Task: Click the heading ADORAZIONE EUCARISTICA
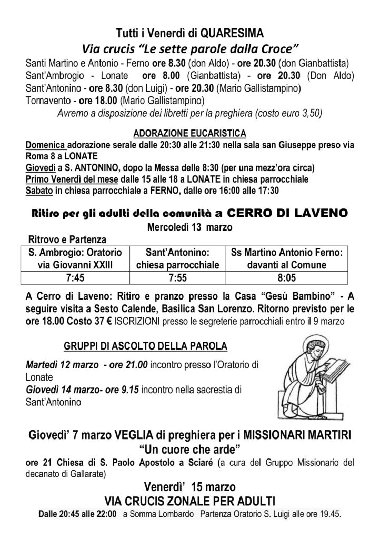click(x=189, y=132)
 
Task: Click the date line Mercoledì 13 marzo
click(x=189, y=227)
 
